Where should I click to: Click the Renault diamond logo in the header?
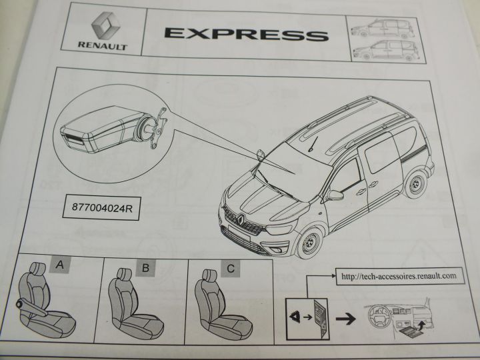[x=105, y=26]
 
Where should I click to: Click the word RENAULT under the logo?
[x=103, y=45]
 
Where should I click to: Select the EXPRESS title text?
[x=247, y=34]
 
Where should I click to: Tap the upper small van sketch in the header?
[x=383, y=29]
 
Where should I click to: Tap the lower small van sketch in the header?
[x=386, y=50]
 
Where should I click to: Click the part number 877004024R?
[x=102, y=208]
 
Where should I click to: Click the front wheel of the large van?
[x=309, y=243]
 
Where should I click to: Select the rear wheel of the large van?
[x=415, y=185]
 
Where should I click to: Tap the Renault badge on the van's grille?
[x=241, y=219]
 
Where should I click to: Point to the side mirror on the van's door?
[x=335, y=195]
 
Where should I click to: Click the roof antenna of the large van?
[x=313, y=144]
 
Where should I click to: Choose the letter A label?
[x=60, y=265]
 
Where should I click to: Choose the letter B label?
[x=146, y=268]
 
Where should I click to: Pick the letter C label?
[x=230, y=269]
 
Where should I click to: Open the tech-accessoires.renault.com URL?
[x=399, y=276]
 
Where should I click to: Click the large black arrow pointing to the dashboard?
[x=345, y=319]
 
